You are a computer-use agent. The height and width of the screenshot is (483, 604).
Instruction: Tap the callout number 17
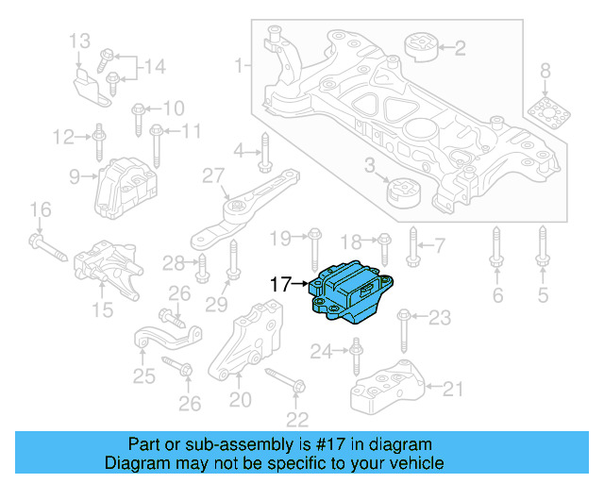click(281, 282)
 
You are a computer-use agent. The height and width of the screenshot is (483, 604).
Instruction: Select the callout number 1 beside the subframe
click(239, 66)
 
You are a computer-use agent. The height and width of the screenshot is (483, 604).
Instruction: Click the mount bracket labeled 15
click(106, 268)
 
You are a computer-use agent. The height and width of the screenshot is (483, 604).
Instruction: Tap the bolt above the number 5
click(543, 247)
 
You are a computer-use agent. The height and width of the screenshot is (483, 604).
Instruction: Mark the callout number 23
click(440, 318)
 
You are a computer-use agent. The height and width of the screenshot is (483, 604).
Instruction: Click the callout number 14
click(154, 66)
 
